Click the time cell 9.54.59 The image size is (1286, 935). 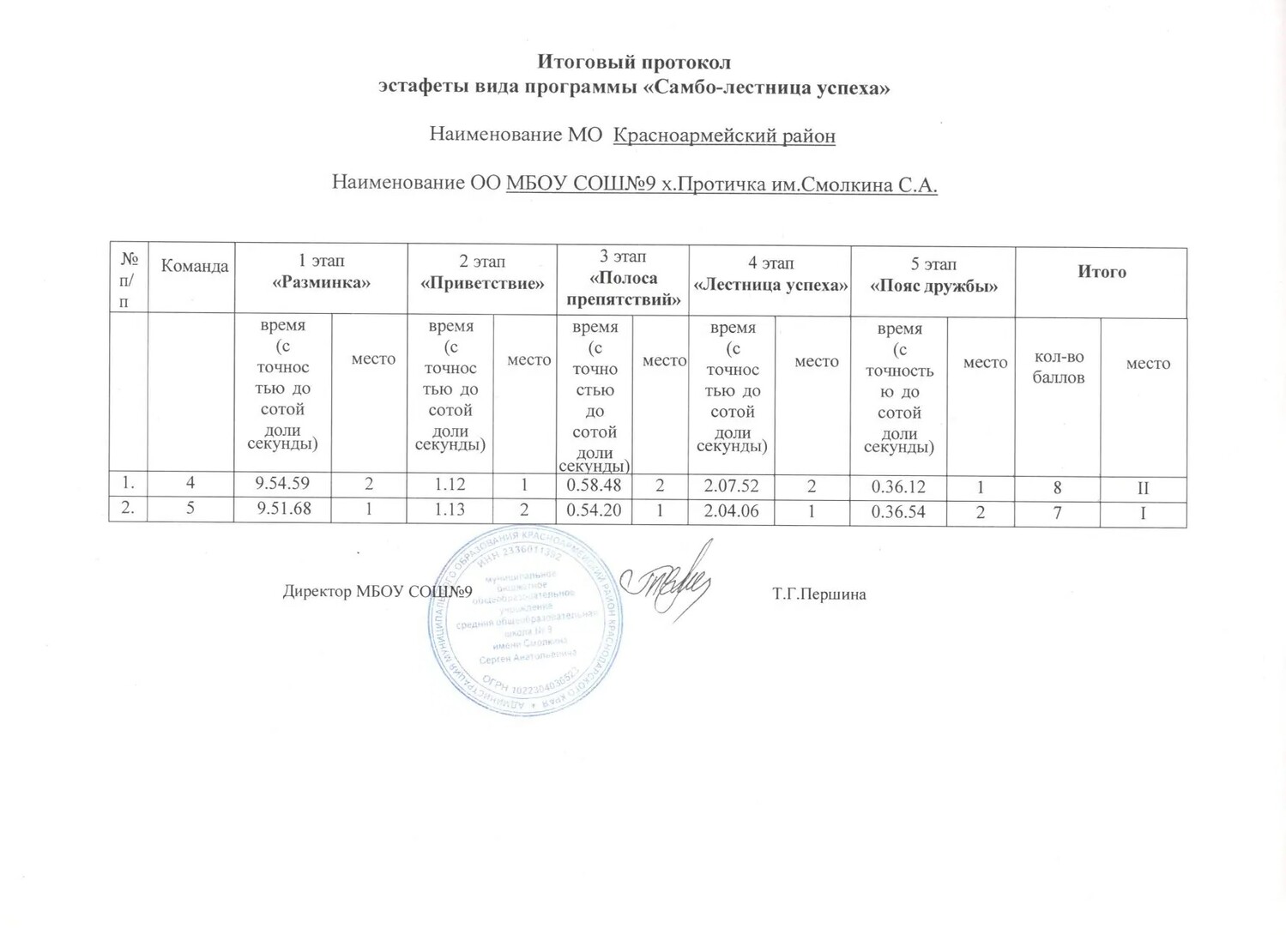[x=282, y=485]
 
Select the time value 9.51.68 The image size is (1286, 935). [x=282, y=510]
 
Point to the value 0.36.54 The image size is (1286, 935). [x=898, y=512]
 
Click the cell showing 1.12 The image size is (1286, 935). [x=450, y=485]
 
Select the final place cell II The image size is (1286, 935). [x=1143, y=488]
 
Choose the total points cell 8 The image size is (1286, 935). [x=1058, y=487]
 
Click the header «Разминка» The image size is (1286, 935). [x=321, y=282]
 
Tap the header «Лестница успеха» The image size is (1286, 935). [x=770, y=285]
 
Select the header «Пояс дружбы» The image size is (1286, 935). [x=933, y=286]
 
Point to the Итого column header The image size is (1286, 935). [x=1102, y=272]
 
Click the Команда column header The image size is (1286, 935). [x=195, y=266]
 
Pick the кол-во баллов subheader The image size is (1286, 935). [x=1059, y=367]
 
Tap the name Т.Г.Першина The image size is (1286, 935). [x=818, y=594]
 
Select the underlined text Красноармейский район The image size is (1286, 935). [x=724, y=136]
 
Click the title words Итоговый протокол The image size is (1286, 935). [x=634, y=62]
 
